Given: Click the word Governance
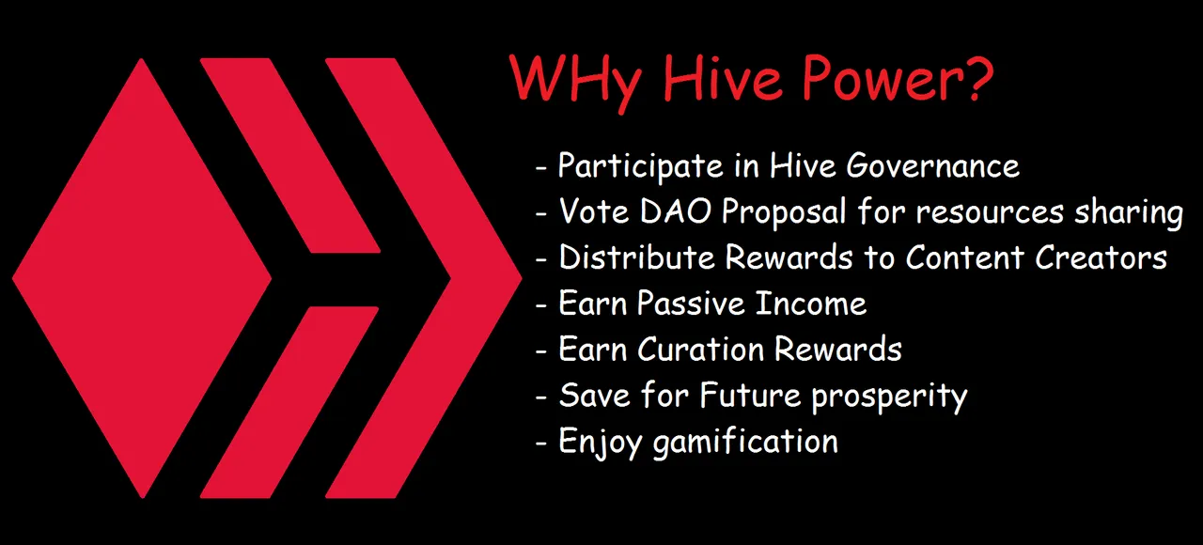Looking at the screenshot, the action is click(x=933, y=165).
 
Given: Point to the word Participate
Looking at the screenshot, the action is click(x=641, y=166).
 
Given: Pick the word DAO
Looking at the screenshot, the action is click(x=676, y=211).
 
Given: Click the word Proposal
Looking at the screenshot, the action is click(x=784, y=212).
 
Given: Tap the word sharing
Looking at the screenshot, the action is click(x=1129, y=213).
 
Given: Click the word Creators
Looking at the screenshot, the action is click(x=1101, y=257).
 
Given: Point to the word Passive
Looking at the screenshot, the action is click(x=691, y=304).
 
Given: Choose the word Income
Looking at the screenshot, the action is click(x=811, y=304).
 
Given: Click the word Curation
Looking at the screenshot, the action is click(x=700, y=350).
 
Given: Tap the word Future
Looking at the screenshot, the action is click(x=749, y=396).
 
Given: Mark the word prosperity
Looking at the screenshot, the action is click(x=889, y=397).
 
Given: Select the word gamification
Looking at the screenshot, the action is click(x=745, y=443).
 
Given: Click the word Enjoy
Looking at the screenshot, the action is click(x=601, y=443).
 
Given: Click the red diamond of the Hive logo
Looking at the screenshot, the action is click(x=142, y=278).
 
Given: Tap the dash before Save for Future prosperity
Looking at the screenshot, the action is click(x=540, y=397).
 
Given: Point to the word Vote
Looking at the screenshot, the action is click(x=594, y=211).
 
